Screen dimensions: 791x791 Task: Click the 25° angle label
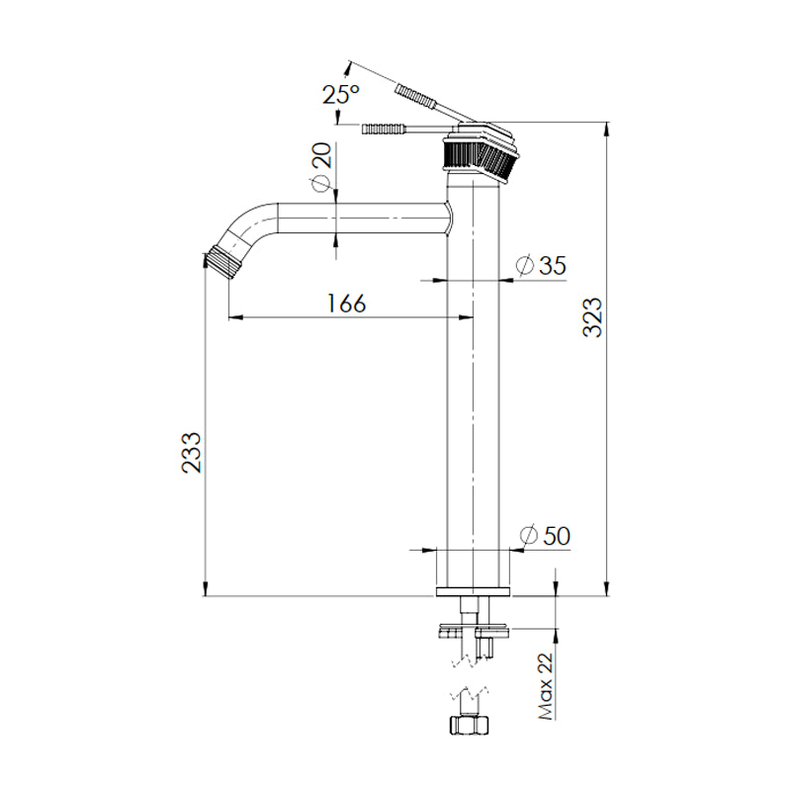(340, 96)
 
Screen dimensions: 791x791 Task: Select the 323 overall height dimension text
(591, 319)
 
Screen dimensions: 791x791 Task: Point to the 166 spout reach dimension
(347, 303)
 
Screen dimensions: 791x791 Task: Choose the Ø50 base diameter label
(544, 535)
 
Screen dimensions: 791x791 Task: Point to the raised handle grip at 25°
(415, 98)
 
